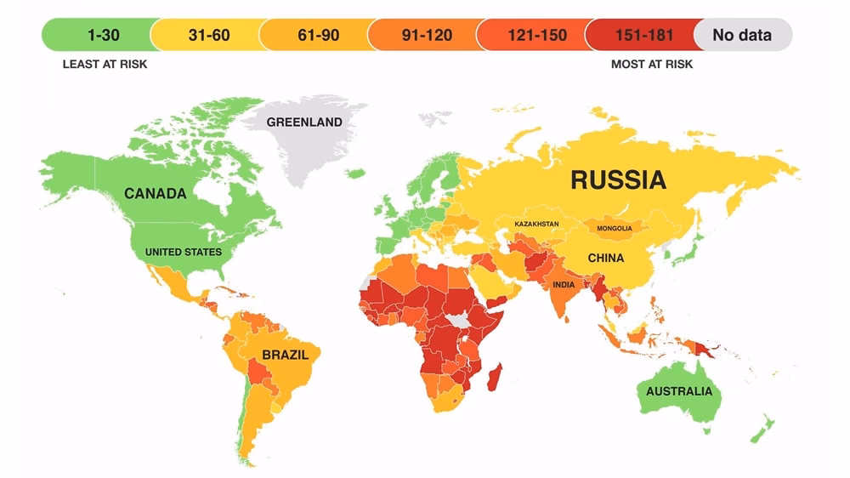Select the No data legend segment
[x=742, y=35]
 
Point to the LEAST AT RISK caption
[x=105, y=65]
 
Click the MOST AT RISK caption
[x=651, y=65]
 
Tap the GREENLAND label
[x=304, y=122]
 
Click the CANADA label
[x=155, y=194]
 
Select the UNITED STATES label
[x=183, y=252]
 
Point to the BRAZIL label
[x=285, y=355]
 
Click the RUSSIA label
[x=618, y=179]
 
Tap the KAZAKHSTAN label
[x=536, y=224]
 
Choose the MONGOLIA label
[x=614, y=229]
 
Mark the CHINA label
[x=605, y=258]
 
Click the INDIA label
[x=564, y=285]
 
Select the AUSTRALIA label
[x=679, y=392]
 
